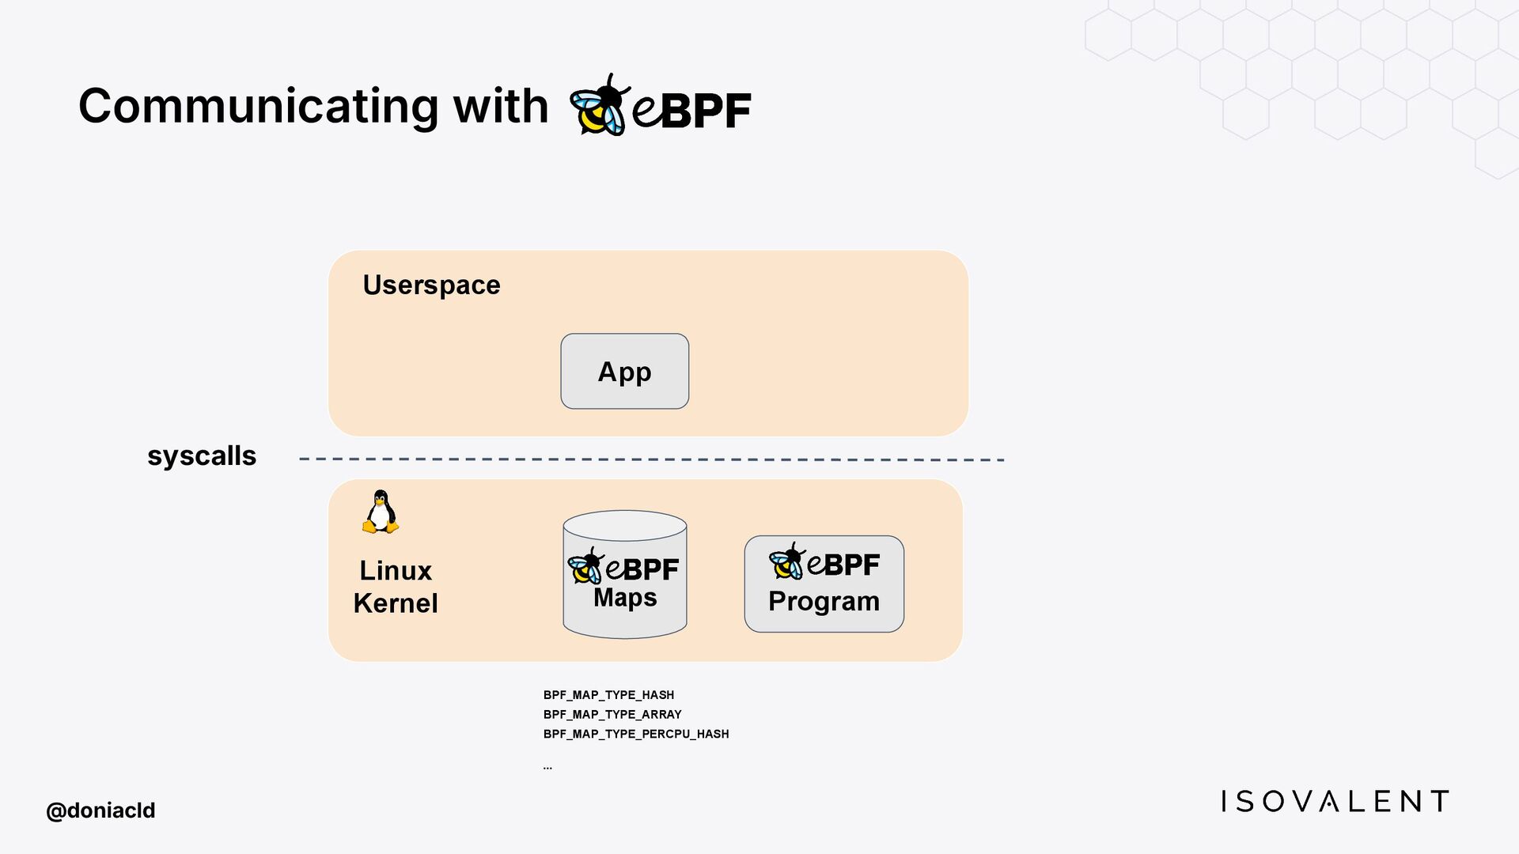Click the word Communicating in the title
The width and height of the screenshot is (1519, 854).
tap(257, 107)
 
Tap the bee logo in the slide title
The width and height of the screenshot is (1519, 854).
tap(599, 106)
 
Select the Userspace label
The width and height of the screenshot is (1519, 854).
tap(431, 285)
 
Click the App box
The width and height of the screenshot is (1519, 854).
tap(624, 371)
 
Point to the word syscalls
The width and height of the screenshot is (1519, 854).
tap(202, 456)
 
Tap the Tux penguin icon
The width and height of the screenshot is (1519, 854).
tap(381, 512)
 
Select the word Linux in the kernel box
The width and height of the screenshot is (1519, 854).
tap(396, 570)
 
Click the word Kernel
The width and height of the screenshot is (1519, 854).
tap(396, 603)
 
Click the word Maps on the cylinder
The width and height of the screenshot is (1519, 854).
tap(625, 598)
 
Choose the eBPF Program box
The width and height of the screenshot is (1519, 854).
tap(824, 584)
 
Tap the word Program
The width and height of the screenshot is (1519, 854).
tap(824, 602)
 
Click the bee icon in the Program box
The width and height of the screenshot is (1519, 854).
tap(786, 561)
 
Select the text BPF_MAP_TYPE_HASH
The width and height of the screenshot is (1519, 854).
tap(608, 695)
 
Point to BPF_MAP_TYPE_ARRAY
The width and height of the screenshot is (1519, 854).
tap(612, 715)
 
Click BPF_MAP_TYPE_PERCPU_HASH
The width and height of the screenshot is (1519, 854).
tap(636, 735)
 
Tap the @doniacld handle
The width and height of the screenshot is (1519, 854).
tap(100, 811)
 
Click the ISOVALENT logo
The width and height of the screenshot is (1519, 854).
tap(1335, 802)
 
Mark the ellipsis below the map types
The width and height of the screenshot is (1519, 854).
tap(547, 767)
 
